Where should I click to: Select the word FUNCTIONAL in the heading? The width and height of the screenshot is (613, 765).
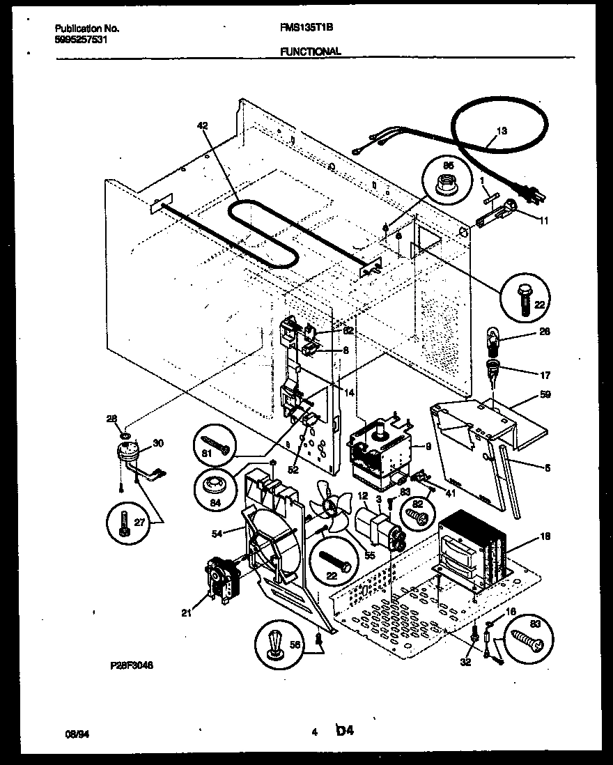(311, 51)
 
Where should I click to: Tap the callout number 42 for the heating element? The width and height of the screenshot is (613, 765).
(203, 125)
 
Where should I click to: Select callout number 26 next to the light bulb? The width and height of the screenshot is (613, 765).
(545, 332)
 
